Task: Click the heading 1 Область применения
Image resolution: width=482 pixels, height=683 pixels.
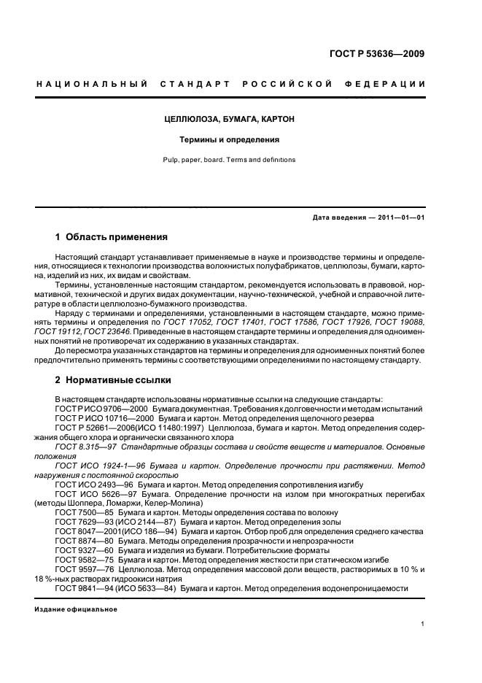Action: click(112, 237)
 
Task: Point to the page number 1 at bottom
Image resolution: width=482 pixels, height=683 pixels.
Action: click(423, 624)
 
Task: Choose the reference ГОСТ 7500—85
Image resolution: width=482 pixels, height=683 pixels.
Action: click(82, 513)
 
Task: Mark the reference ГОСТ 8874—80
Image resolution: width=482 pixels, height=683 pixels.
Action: click(82, 541)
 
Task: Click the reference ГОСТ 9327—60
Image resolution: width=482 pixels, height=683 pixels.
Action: click(82, 551)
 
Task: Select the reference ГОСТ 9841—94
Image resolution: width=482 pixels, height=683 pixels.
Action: click(82, 589)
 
